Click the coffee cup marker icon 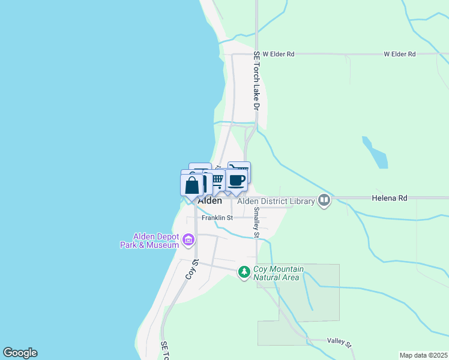237,179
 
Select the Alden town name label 209,201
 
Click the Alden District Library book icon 324,200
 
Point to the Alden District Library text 276,202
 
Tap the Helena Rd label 390,197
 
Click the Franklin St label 217,218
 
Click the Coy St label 191,270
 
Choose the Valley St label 339,341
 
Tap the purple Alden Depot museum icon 188,241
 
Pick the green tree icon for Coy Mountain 244,272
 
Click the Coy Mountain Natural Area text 279,274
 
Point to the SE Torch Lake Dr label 256,80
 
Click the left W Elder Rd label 279,54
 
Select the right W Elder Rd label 400,54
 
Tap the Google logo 20,353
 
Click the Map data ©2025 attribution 424,355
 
